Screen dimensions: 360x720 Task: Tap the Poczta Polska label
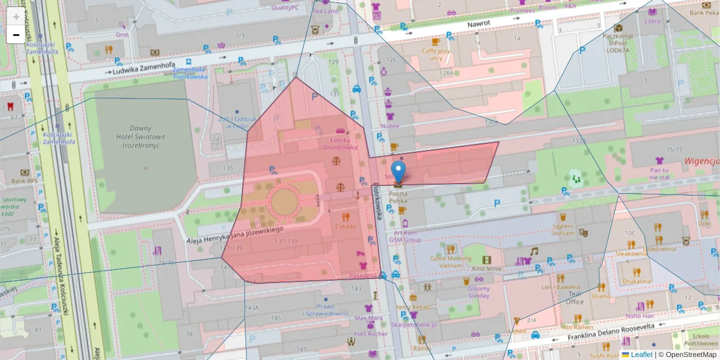[x=398, y=197]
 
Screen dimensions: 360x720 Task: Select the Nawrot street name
[x=478, y=23]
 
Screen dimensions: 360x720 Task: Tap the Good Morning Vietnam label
[x=451, y=262]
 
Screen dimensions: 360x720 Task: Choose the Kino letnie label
[x=486, y=269]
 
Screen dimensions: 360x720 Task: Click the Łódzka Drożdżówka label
[x=340, y=143]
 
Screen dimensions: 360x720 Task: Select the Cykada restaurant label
[x=345, y=226]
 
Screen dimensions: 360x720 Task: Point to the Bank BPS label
[x=25, y=181]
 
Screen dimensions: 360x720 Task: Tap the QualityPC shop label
[x=285, y=8]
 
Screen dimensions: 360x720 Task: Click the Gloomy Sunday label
[x=478, y=292]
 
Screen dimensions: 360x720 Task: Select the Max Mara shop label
[x=368, y=317]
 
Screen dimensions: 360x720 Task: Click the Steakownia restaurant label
[x=630, y=254]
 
